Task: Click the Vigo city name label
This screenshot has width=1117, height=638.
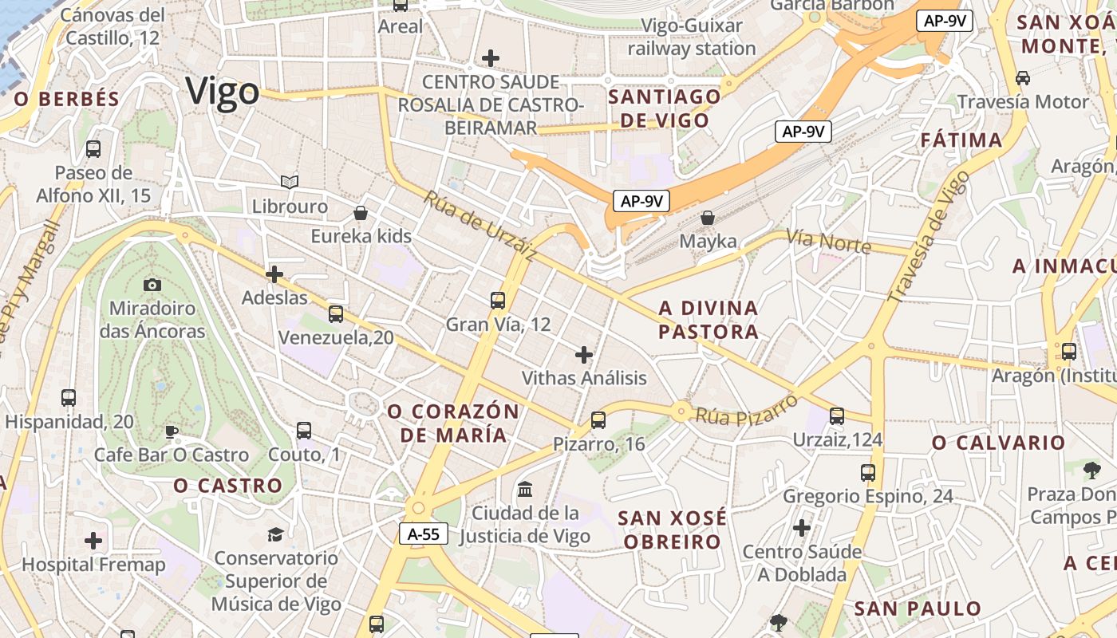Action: tap(223, 92)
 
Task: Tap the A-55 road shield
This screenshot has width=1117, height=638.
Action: tap(424, 534)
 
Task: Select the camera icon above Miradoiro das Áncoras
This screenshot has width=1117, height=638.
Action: tap(152, 285)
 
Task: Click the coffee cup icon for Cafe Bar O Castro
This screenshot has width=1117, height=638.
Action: tap(171, 432)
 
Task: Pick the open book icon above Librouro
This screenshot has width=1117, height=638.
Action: tap(290, 183)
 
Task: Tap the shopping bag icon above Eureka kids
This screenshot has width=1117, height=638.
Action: tap(361, 213)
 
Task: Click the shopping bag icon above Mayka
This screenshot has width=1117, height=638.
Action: tap(708, 217)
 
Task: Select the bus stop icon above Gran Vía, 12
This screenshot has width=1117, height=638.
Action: tap(498, 301)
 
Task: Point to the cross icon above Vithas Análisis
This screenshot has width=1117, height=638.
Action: tap(584, 354)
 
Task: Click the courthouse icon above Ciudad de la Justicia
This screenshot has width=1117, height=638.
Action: tap(525, 489)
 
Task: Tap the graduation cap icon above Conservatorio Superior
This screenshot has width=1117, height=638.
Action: tap(275, 534)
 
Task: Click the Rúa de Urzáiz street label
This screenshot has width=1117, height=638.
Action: tap(480, 226)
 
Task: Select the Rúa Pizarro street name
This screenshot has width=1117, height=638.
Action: tap(746, 409)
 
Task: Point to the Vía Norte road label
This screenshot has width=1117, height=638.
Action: tap(828, 240)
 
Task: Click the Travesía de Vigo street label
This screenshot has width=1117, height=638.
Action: tap(929, 236)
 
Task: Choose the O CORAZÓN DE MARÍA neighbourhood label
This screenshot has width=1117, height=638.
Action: tap(453, 423)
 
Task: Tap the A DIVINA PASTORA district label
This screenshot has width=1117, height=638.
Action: tap(708, 320)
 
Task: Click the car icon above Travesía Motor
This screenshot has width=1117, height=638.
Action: tap(1023, 78)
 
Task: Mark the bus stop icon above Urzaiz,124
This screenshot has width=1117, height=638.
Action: tap(837, 415)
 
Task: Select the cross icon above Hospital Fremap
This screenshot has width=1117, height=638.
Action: tap(93, 541)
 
